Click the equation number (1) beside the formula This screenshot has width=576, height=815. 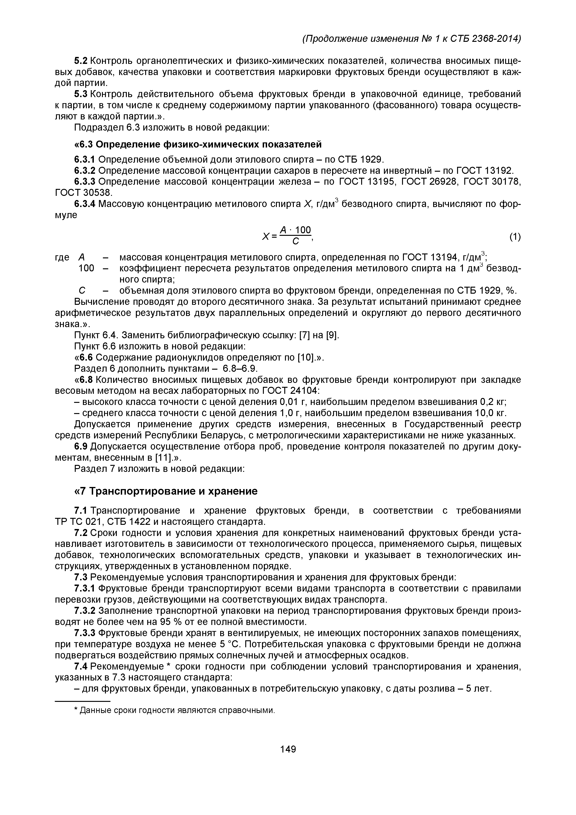(515, 237)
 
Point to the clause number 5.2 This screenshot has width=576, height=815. (81, 61)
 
